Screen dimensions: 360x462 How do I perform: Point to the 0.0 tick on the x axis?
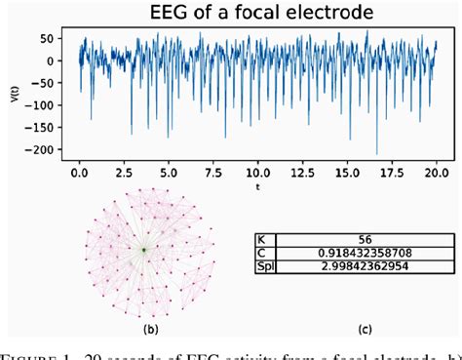pos(79,170)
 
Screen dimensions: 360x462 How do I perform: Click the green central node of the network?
pos(143,250)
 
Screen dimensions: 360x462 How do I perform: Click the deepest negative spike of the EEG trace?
pos(376,153)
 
